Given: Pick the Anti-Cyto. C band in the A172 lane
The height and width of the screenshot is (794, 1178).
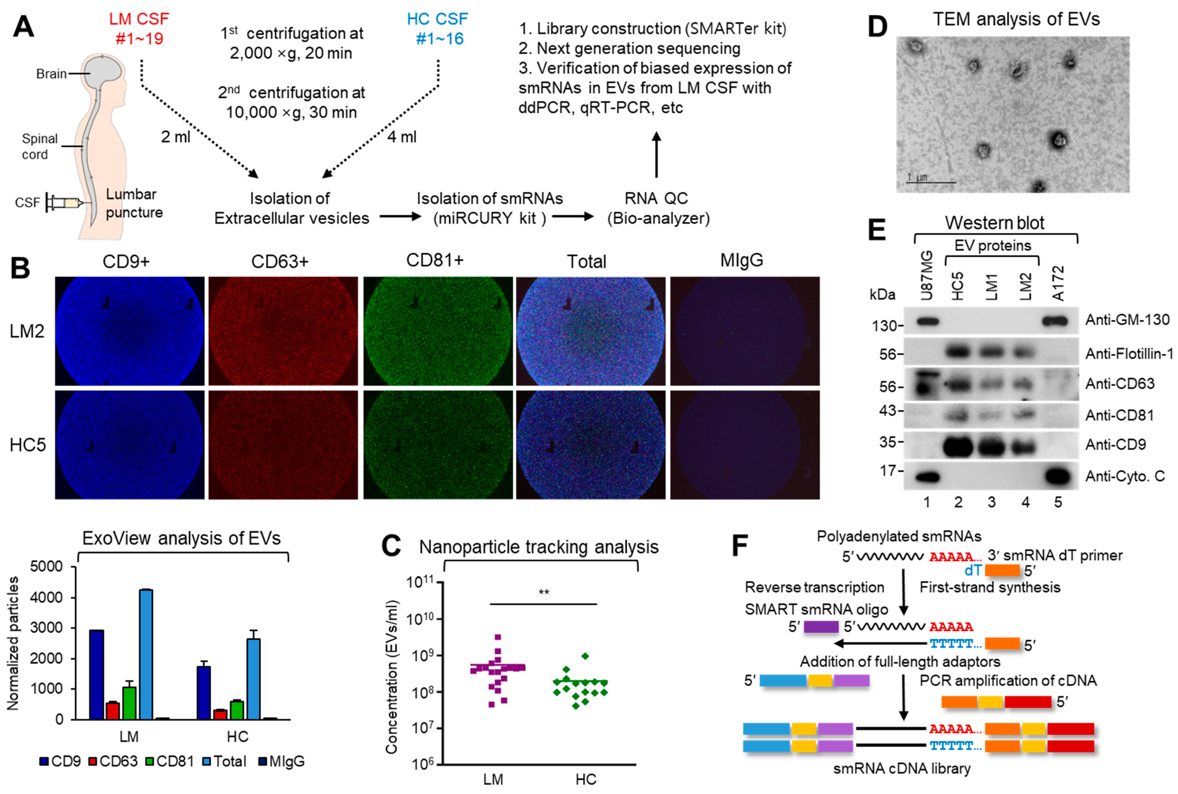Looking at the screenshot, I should click(x=1058, y=476).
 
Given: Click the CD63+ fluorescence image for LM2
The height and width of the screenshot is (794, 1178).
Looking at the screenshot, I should click(x=283, y=331).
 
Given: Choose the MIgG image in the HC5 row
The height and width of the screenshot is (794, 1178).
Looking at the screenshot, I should click(x=745, y=445).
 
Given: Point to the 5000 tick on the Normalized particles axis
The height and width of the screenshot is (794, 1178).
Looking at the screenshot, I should click(x=47, y=567).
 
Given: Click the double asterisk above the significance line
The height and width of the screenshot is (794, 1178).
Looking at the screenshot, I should click(x=543, y=592).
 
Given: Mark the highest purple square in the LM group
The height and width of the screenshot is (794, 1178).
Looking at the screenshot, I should click(x=498, y=637).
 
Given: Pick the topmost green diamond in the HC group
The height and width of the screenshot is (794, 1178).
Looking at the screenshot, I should click(x=585, y=656).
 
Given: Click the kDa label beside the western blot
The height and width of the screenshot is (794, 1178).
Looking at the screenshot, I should click(x=882, y=294).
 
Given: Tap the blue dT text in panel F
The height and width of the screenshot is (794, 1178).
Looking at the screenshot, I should click(x=973, y=571).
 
